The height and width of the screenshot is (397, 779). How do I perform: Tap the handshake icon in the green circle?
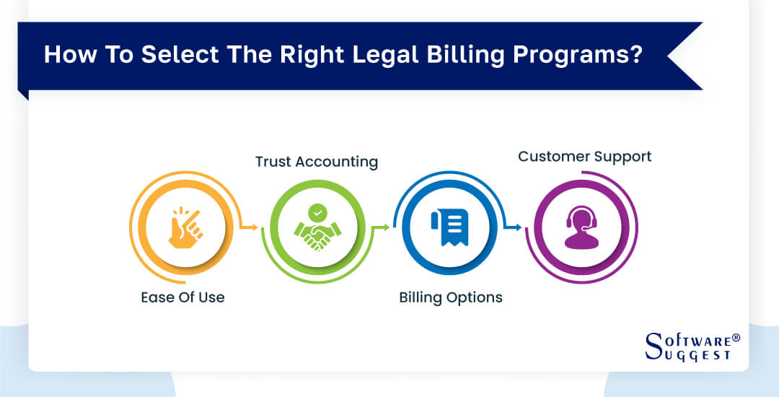click(x=318, y=230)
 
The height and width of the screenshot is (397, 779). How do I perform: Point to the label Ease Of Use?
click(x=182, y=297)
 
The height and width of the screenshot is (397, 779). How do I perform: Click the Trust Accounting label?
click(x=317, y=162)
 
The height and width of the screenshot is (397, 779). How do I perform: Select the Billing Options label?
click(x=451, y=297)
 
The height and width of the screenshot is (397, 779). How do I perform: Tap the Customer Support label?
click(x=584, y=156)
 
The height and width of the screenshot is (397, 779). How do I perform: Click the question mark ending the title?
click(x=635, y=56)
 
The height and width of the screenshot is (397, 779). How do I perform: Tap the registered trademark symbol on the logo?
click(x=736, y=337)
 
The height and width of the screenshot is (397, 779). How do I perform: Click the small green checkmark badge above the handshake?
click(x=317, y=212)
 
